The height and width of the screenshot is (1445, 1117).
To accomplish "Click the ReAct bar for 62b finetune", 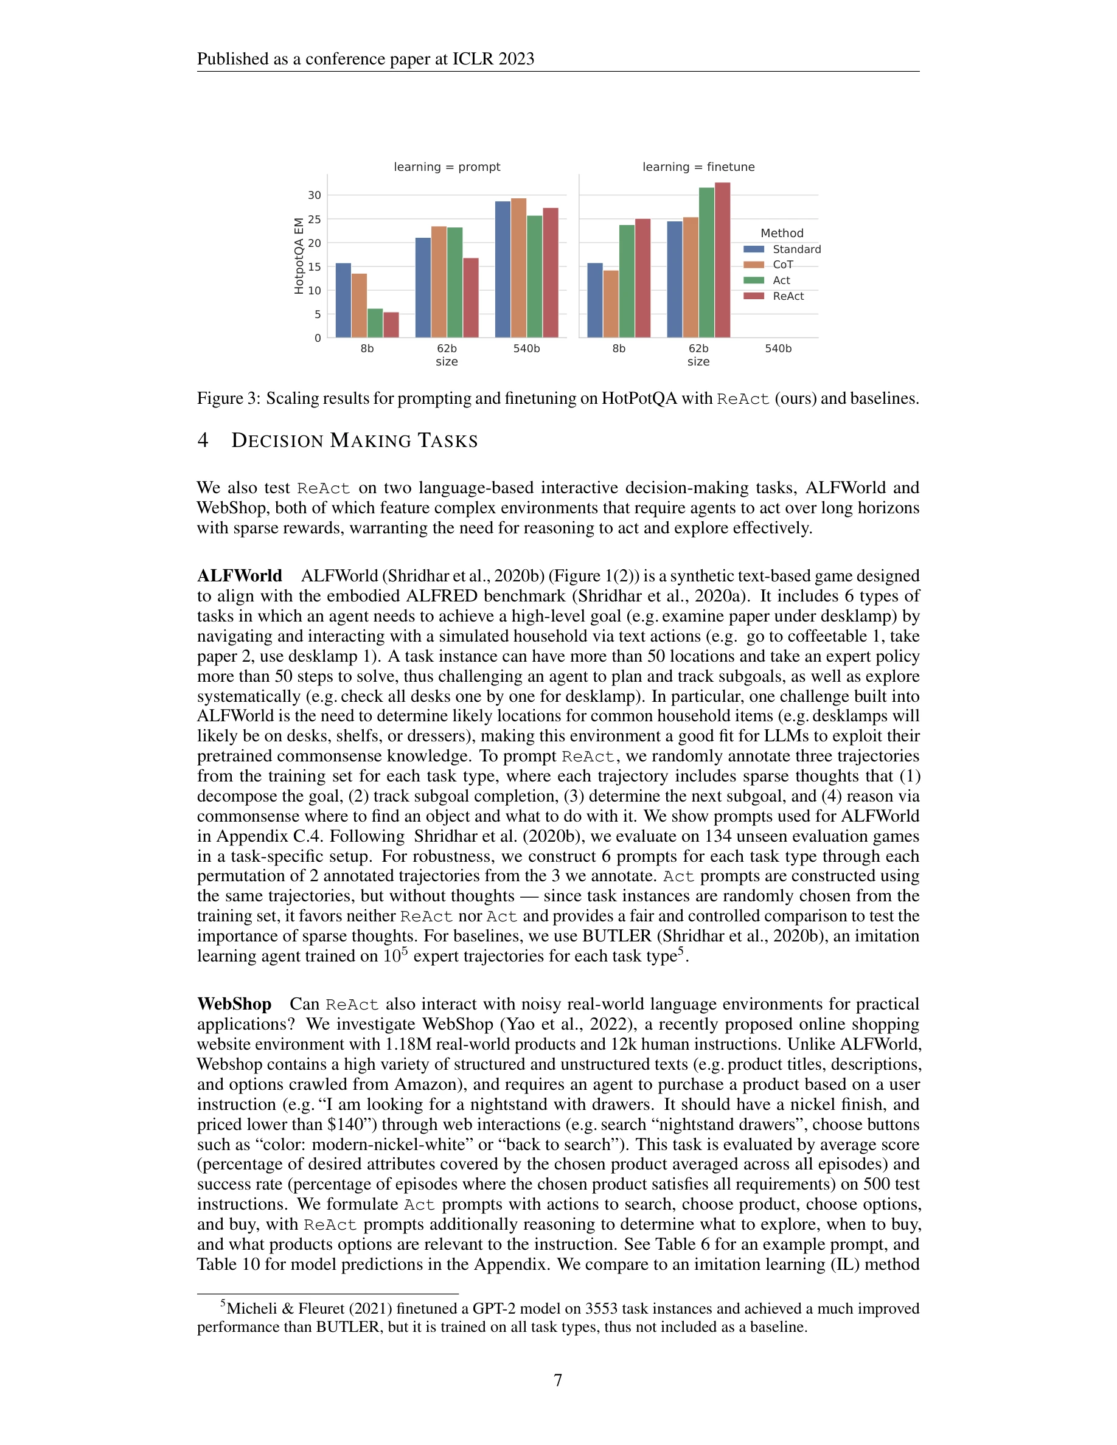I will click(x=722, y=260).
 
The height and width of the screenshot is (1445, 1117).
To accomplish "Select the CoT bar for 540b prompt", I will click(x=518, y=268).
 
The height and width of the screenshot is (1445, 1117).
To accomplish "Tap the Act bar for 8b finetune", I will click(x=626, y=281).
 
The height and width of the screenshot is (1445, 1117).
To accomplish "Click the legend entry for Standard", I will click(x=796, y=249).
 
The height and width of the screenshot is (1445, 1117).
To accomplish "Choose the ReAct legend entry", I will click(x=787, y=296).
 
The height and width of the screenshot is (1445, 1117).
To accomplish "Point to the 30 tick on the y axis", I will click(x=315, y=195).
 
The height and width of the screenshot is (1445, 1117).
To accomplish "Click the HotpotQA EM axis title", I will click(x=299, y=255).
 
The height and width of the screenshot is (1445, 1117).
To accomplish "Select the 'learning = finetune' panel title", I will click(x=698, y=167).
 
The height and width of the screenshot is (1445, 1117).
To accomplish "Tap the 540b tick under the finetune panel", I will click(x=778, y=348).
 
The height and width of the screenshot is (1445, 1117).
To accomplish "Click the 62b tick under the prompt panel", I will click(x=447, y=348).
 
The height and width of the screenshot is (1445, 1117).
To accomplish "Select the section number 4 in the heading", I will click(x=203, y=441).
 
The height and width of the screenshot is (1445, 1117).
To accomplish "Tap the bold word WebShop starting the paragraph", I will click(x=234, y=1003).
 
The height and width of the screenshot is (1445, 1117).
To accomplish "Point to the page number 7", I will click(x=558, y=1380).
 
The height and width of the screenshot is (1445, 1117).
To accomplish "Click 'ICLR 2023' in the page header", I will click(x=493, y=59).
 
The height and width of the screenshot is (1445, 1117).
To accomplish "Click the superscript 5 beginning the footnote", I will click(x=223, y=1304).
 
